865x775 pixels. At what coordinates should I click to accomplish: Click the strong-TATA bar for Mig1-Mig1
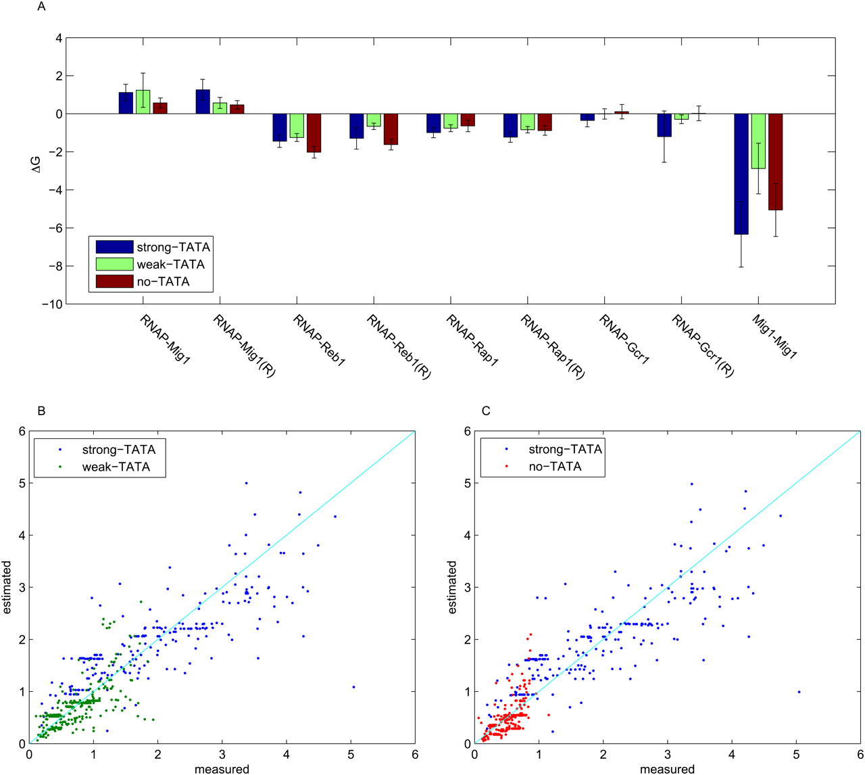741,174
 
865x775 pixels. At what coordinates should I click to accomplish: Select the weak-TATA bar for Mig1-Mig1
758,141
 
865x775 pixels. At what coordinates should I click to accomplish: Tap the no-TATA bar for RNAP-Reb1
314,133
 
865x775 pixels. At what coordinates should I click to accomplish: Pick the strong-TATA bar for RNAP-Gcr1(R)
664,125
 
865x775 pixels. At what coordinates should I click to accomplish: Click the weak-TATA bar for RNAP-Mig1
143,101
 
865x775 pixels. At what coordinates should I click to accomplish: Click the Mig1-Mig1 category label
774,336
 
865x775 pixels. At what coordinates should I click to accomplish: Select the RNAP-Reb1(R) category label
398,346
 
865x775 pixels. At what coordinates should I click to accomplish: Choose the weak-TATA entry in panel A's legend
170,264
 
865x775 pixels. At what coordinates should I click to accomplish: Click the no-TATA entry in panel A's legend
163,281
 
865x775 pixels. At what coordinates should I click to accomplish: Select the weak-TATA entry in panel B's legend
116,467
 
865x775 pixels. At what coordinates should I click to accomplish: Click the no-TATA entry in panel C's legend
555,467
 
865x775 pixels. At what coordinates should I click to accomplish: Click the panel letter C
486,411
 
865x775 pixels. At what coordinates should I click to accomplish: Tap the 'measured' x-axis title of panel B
222,769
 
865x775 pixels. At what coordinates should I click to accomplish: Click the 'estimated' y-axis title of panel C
452,587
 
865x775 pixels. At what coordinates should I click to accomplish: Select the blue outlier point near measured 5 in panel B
353,687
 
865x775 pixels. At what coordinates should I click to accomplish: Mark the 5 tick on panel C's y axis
466,484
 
